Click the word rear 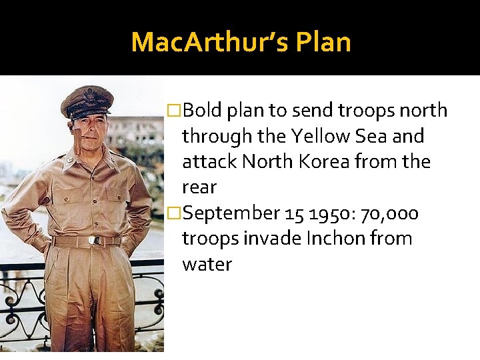click(x=199, y=188)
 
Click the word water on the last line click(x=207, y=265)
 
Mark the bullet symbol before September click(x=173, y=213)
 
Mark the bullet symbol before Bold click(x=173, y=110)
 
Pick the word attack click(x=209, y=162)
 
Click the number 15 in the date click(x=294, y=213)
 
